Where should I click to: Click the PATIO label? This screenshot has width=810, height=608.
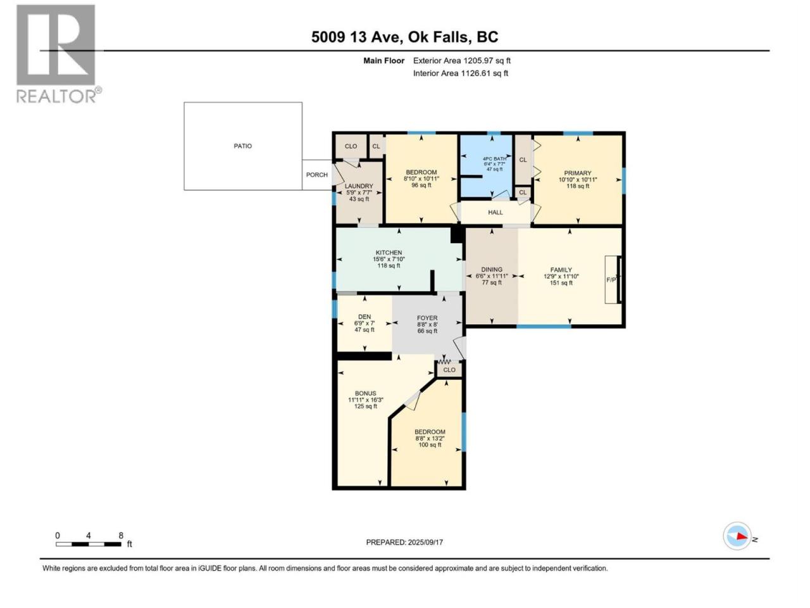pyautogui.click(x=242, y=146)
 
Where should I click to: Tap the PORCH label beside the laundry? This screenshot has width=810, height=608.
pyautogui.click(x=316, y=175)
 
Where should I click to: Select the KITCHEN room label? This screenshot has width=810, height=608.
pyautogui.click(x=389, y=253)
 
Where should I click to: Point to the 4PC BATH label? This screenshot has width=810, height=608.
pyautogui.click(x=494, y=159)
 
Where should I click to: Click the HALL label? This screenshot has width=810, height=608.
pyautogui.click(x=495, y=213)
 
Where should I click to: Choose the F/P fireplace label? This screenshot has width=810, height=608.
pyautogui.click(x=611, y=280)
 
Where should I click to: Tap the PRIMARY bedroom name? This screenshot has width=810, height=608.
pyautogui.click(x=578, y=173)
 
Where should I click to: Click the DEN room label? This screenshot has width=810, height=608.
pyautogui.click(x=364, y=317)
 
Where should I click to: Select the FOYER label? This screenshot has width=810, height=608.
pyautogui.click(x=427, y=318)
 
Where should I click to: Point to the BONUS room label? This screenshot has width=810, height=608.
pyautogui.click(x=365, y=393)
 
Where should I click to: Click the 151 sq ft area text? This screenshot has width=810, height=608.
pyautogui.click(x=561, y=283)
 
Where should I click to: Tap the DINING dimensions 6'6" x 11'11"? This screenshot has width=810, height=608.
pyautogui.click(x=492, y=276)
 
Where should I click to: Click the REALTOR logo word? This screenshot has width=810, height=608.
pyautogui.click(x=56, y=96)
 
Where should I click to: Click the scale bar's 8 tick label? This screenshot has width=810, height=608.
pyautogui.click(x=121, y=536)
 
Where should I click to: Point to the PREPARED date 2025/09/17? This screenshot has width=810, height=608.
pyautogui.click(x=425, y=542)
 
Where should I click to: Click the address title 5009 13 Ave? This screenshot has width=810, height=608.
pyautogui.click(x=356, y=37)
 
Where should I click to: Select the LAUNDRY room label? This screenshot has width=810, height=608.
pyautogui.click(x=359, y=186)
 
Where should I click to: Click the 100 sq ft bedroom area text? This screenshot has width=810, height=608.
pyautogui.click(x=430, y=445)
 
